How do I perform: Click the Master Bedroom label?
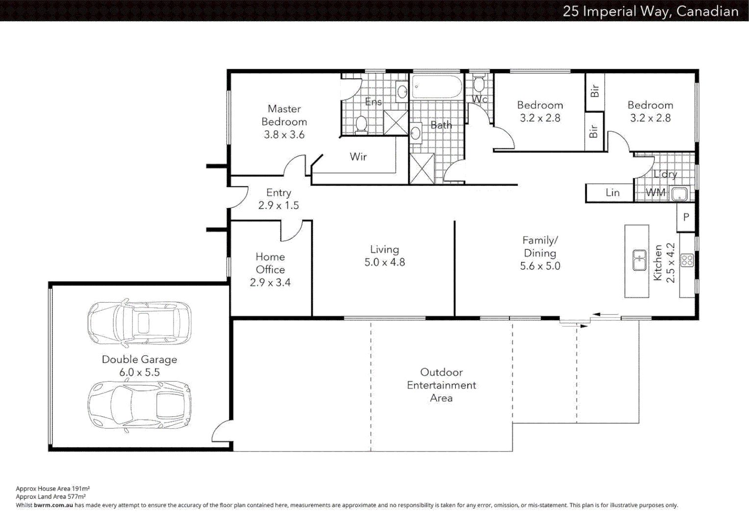tap(284, 115)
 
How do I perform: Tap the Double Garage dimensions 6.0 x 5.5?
tap(139, 372)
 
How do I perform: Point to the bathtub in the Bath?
tap(436, 87)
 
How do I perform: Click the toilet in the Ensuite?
tap(361, 124)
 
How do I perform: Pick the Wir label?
tap(358, 157)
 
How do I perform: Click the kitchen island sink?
tap(639, 260)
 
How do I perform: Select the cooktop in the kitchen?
tap(687, 260)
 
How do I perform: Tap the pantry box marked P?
tap(686, 217)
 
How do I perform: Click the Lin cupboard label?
tap(612, 193)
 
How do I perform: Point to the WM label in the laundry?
tap(655, 192)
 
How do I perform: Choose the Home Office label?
tap(270, 263)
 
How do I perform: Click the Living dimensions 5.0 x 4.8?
tap(384, 263)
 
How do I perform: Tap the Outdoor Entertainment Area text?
tap(441, 385)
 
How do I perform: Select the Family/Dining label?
tap(540, 247)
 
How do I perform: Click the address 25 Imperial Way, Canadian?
tap(650, 11)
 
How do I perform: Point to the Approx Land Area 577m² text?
tap(50, 497)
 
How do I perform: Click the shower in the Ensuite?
tap(395, 123)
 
